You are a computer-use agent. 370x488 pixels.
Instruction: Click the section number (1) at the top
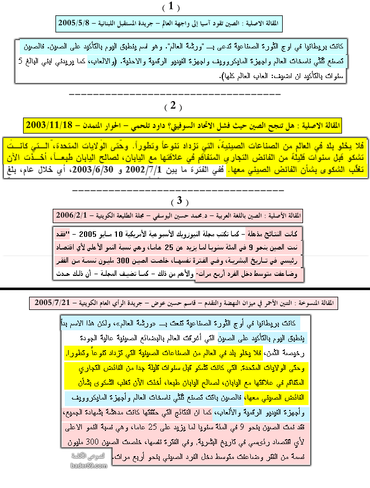(x=171, y=7)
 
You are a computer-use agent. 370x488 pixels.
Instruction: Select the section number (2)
(x=172, y=106)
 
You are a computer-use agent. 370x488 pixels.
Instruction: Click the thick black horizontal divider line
(x=185, y=288)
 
